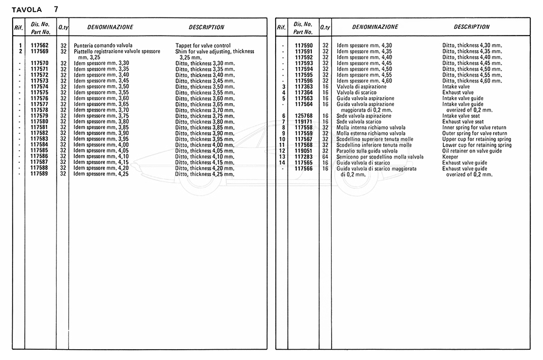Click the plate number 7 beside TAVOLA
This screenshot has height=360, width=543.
point(56,9)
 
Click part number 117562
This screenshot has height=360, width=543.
point(39,46)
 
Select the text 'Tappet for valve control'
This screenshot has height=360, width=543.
point(203,46)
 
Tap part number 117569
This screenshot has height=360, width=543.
point(39,52)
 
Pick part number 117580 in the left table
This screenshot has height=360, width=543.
point(39,122)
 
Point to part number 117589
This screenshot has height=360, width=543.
point(39,174)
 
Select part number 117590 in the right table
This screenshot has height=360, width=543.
point(303,46)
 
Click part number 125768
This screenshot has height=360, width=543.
point(303,116)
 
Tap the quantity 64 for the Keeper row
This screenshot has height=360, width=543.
point(325,157)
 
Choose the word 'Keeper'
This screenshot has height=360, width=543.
point(450,157)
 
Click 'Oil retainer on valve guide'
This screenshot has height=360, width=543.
point(472,151)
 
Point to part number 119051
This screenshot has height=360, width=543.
point(303,151)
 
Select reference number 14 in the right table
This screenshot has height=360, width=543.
point(281,163)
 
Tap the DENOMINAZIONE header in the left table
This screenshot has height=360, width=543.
point(110,27)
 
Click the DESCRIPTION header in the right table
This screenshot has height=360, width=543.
point(472,27)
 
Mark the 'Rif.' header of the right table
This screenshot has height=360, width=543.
point(281,28)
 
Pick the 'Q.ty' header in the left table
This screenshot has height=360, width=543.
point(63,28)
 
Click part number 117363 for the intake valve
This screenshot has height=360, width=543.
point(303,87)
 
